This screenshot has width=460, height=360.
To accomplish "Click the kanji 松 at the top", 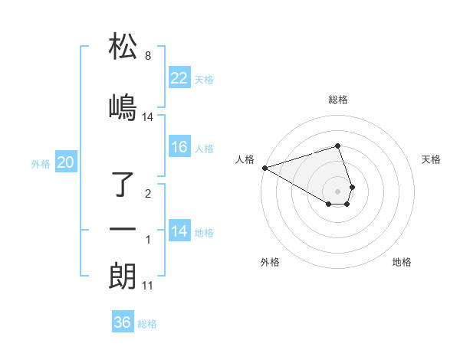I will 123,47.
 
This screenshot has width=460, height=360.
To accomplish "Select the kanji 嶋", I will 123,106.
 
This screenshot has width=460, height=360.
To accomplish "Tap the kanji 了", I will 123,185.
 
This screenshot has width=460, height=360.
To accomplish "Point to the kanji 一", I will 123,229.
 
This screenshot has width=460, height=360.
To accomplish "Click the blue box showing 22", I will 179,78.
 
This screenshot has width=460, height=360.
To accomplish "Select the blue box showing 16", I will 179,147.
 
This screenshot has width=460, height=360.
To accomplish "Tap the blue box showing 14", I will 179,231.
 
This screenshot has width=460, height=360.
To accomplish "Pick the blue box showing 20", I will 66,162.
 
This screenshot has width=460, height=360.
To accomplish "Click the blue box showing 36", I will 122,322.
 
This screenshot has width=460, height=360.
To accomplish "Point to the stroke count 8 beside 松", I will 147,57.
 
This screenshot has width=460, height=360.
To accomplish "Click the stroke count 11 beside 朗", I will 147,286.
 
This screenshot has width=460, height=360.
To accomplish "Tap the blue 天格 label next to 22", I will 204,80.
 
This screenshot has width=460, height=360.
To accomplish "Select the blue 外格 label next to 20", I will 41,163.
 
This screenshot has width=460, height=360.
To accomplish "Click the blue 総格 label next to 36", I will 147,324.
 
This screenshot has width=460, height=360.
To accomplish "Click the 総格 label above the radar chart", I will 338,100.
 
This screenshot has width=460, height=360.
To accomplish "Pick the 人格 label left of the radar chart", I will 245,159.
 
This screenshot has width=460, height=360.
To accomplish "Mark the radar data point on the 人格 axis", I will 264,168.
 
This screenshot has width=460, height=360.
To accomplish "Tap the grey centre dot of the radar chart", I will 338,191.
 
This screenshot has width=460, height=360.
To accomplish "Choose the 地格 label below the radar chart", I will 402,262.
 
